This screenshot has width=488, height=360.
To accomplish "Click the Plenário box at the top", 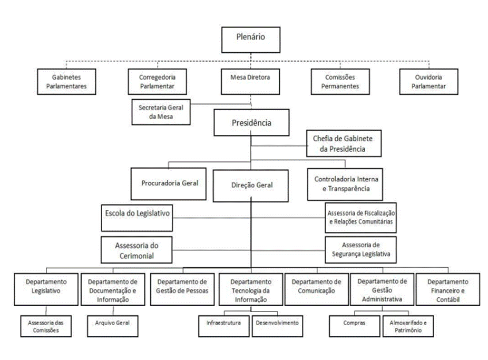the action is click(x=250, y=40).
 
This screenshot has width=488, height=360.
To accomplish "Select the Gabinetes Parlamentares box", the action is click(x=66, y=82).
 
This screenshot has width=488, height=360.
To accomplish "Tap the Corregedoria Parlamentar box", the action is click(x=157, y=82).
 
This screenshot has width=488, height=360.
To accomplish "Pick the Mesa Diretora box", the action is click(x=250, y=82).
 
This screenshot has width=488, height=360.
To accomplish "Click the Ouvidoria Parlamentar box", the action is click(x=428, y=82).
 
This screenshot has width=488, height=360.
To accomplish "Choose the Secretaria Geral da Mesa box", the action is click(x=161, y=112).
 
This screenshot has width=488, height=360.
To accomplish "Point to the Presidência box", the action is click(x=251, y=122).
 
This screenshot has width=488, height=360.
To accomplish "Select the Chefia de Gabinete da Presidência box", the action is click(x=344, y=143).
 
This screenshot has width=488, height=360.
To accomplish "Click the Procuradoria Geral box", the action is click(x=168, y=183).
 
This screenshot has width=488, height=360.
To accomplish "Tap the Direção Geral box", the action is click(x=250, y=186).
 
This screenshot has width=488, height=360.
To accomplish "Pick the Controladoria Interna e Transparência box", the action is click(x=345, y=184).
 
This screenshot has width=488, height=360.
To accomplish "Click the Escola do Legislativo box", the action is click(x=137, y=218).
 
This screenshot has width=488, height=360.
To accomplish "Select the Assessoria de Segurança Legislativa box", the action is click(x=360, y=250).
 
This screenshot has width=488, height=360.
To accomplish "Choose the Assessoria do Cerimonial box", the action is click(x=136, y=250).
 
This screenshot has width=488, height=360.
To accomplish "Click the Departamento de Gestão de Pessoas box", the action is click(x=182, y=289).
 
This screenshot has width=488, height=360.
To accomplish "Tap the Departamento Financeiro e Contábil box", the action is click(x=448, y=289).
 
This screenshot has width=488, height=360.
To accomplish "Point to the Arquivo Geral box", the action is click(x=113, y=326).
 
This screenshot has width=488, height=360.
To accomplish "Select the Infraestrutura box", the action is click(x=224, y=326).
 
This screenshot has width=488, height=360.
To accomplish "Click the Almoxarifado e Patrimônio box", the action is click(x=408, y=326).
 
